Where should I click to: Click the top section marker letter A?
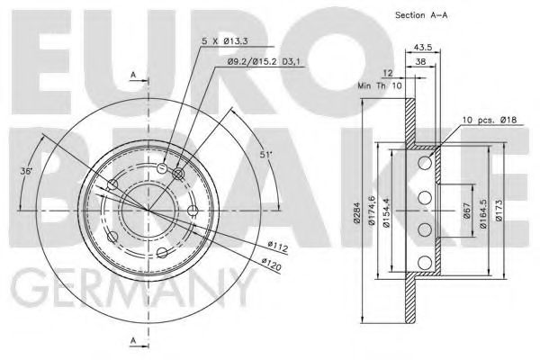[x=133, y=74]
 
